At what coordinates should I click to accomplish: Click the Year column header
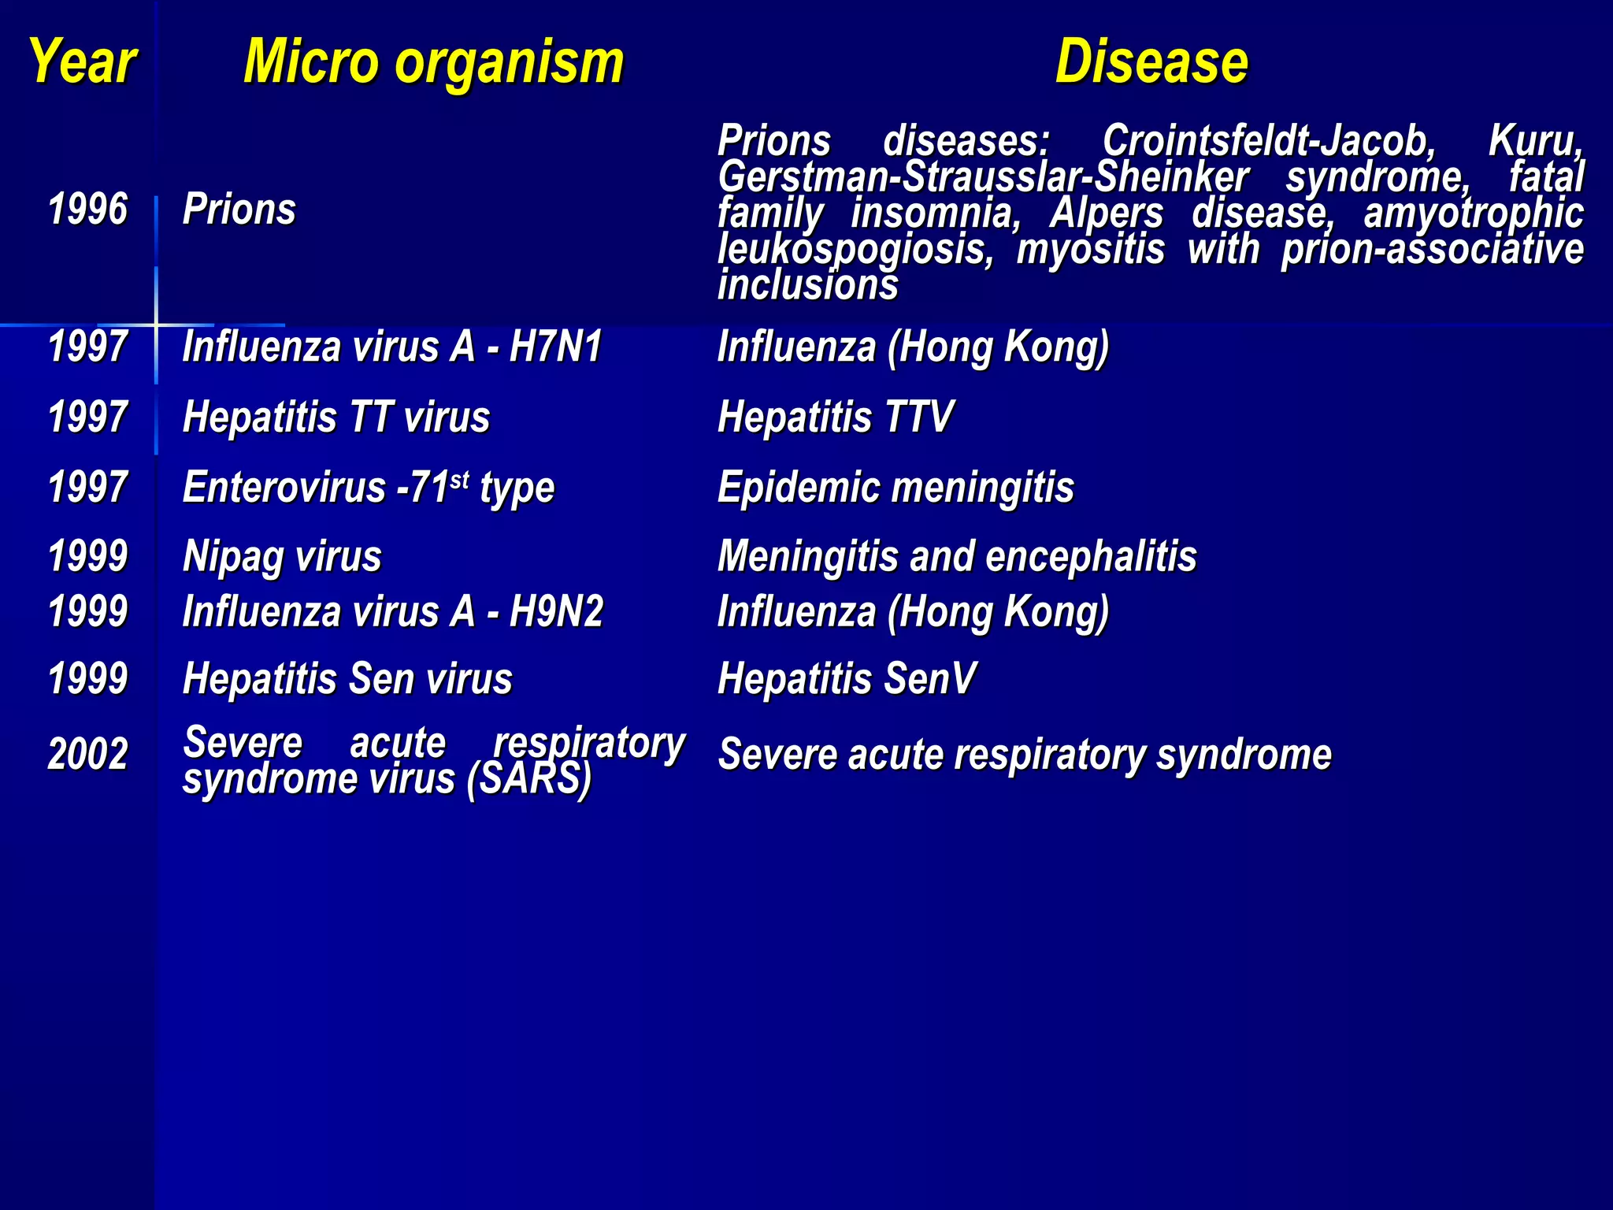83,62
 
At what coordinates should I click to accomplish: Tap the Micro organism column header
433,62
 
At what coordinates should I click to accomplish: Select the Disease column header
1151,62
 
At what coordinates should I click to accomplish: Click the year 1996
87,210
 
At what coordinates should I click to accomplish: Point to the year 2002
87,754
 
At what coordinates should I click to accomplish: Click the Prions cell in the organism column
239,210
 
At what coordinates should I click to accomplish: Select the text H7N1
556,347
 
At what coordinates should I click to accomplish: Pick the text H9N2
556,611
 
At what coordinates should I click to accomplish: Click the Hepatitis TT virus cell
336,417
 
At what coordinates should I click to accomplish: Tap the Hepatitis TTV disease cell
835,417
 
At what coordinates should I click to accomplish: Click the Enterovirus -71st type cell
369,487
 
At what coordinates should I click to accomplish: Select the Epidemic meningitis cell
895,487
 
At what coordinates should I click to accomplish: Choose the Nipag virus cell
282,557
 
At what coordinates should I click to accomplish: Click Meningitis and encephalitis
957,557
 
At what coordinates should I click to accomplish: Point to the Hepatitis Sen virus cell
347,679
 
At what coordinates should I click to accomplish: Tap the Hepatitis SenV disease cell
847,679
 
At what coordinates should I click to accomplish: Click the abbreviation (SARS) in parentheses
528,779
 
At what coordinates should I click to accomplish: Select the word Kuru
1535,142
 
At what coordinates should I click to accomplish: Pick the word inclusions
807,285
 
